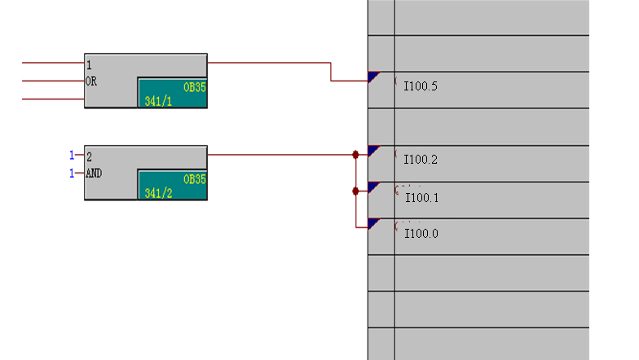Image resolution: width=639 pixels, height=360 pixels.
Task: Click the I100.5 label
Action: click(x=421, y=86)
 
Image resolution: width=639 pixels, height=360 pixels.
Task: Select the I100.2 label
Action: click(x=421, y=159)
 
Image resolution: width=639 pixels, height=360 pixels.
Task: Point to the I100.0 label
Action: click(x=421, y=234)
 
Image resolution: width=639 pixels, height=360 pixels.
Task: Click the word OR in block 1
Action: click(x=91, y=81)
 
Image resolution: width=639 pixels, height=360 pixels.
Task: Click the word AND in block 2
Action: click(x=94, y=173)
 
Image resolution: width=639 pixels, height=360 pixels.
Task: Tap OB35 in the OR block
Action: click(x=194, y=86)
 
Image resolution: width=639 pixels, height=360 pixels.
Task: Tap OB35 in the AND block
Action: click(x=194, y=178)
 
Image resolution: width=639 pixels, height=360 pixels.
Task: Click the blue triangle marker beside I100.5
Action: click(x=373, y=77)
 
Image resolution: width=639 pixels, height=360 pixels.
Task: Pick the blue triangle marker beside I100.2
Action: click(x=373, y=150)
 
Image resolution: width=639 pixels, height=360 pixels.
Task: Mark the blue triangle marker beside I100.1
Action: click(x=373, y=187)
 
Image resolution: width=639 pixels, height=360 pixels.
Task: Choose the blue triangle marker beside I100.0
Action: click(x=373, y=223)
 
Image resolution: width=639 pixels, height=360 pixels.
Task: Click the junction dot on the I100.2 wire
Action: click(x=355, y=154)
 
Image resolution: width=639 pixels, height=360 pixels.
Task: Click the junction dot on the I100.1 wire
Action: click(x=355, y=191)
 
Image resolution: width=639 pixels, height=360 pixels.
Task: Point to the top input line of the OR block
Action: click(x=53, y=63)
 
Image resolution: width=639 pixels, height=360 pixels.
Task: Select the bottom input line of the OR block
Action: click(x=53, y=99)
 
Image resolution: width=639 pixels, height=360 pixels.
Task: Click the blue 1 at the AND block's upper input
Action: click(x=72, y=155)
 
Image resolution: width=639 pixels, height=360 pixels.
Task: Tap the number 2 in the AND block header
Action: click(x=90, y=155)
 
